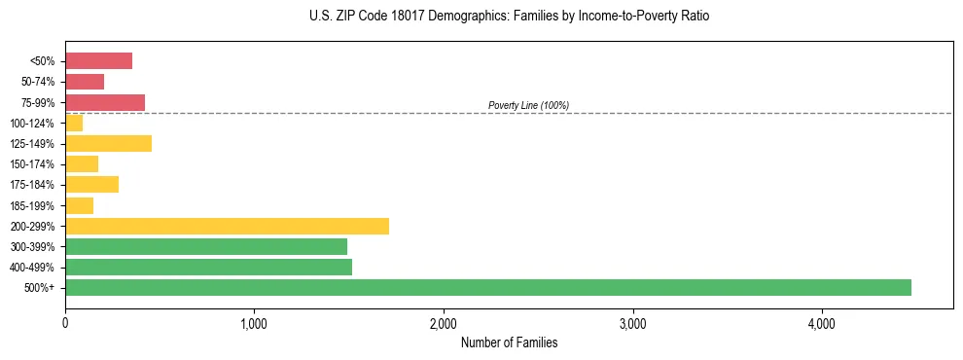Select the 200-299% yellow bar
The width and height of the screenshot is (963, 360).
[227, 226]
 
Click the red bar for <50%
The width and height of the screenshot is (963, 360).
[98, 60]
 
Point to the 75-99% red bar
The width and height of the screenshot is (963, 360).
[105, 102]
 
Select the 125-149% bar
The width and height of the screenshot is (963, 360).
[108, 144]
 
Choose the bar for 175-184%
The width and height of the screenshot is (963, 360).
[91, 185]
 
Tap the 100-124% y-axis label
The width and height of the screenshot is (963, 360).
[33, 124]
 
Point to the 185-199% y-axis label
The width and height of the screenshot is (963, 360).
[33, 205]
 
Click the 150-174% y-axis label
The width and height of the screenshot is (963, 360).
[33, 164]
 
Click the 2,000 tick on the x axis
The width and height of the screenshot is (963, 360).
[444, 323]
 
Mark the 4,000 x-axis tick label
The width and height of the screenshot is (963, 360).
[822, 323]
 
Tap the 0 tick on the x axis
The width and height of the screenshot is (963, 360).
[65, 323]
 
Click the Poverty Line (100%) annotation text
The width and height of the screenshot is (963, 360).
[528, 105]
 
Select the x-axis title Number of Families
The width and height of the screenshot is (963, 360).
[509, 342]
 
